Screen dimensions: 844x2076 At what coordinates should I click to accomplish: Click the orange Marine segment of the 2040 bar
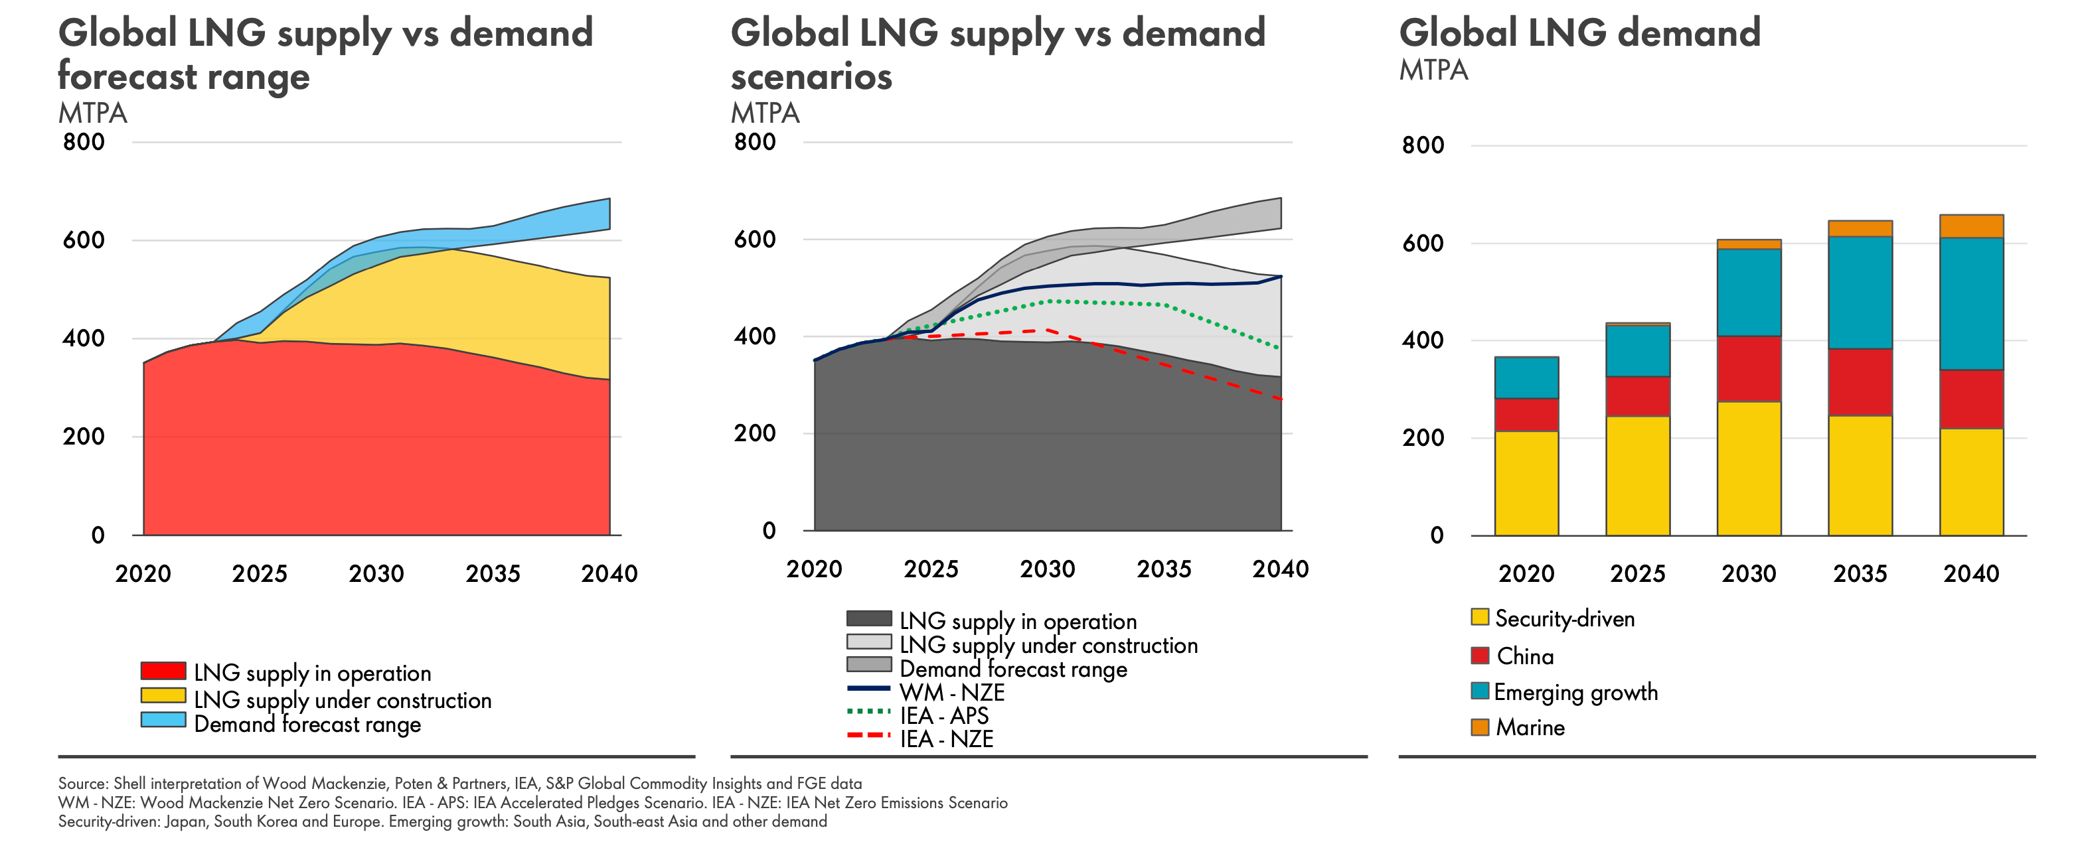(x=1970, y=226)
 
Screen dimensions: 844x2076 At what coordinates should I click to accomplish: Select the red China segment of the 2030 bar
(x=1748, y=369)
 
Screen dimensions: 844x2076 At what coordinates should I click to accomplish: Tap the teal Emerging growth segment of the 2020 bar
(x=1526, y=378)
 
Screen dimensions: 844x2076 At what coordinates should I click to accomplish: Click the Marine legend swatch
(x=1480, y=727)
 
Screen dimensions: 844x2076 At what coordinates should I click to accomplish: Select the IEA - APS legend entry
(x=943, y=715)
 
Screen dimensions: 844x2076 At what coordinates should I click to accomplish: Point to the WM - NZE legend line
(x=869, y=689)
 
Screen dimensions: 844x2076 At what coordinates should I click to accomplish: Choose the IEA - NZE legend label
(x=946, y=739)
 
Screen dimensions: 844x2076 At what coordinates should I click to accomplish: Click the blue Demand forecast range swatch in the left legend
(x=163, y=720)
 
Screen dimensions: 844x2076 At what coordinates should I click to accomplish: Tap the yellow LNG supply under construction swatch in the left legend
(x=163, y=696)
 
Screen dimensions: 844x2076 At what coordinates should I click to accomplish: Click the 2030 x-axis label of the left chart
(x=376, y=574)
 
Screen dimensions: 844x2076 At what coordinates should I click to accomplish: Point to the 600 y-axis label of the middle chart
(x=754, y=239)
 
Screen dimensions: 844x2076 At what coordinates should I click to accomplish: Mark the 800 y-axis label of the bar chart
(x=1423, y=146)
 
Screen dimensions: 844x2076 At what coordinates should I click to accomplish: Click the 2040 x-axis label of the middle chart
(x=1280, y=569)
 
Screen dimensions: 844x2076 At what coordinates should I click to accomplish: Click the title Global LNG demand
(x=1579, y=34)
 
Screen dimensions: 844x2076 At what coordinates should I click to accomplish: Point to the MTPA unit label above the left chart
(x=93, y=113)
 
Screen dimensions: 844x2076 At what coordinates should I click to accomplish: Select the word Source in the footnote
(x=83, y=784)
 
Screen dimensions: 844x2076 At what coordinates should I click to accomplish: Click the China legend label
(x=1525, y=656)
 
